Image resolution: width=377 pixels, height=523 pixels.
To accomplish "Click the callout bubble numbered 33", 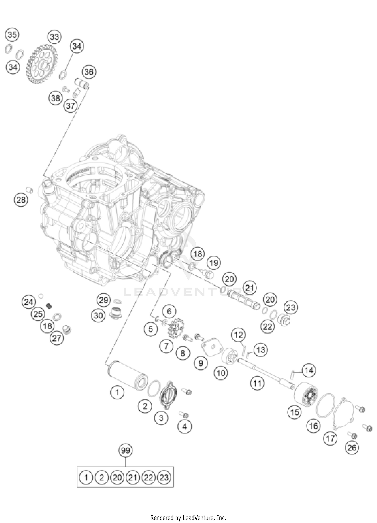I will coord(54,37).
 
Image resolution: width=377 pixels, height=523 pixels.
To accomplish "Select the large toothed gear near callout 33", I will coord(41,64).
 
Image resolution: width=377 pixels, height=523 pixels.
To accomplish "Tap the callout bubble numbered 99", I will coord(125,451).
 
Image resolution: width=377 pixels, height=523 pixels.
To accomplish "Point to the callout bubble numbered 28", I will coord(21,200).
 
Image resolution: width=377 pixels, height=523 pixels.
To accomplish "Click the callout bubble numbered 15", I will coord(295,412).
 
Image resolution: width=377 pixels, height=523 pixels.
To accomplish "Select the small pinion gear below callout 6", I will coord(174,327).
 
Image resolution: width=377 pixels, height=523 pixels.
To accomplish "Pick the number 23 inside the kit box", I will coord(164,477).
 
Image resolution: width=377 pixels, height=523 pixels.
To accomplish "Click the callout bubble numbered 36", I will coord(89,72).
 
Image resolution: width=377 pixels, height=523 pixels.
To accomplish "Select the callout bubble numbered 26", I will coord(352,448).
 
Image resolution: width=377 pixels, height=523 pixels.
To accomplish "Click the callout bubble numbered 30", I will coord(98,315).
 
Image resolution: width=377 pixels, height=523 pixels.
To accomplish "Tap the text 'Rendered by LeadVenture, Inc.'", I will coord(188,516).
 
